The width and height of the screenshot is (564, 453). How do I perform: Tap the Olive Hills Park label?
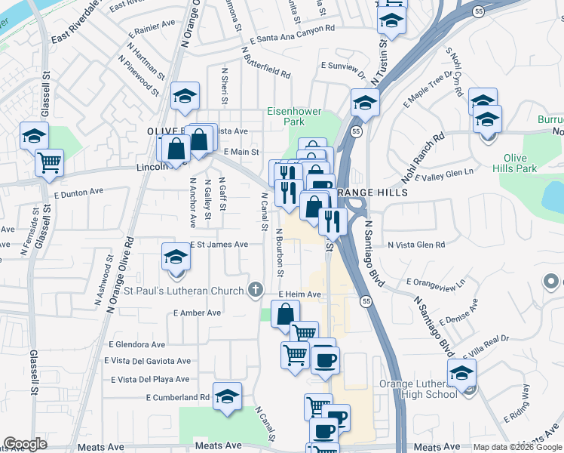520,164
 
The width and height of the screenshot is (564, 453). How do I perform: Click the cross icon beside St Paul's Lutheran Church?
256,291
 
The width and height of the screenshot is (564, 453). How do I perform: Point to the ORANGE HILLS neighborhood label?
372,193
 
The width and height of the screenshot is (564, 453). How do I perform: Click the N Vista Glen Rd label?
416,245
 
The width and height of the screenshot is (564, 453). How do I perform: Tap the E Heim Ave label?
299,294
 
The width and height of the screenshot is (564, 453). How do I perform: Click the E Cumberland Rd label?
178,397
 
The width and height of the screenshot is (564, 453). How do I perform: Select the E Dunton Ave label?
78,193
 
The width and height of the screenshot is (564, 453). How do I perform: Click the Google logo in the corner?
25,444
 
